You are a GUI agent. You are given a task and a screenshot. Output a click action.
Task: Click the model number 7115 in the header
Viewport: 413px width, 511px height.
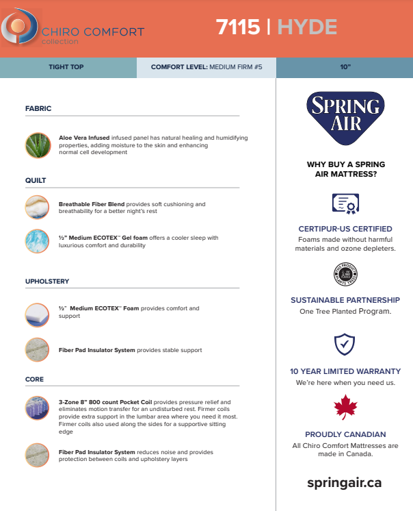pos(237,27)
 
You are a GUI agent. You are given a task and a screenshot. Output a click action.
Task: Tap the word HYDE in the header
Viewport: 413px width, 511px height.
pos(307,27)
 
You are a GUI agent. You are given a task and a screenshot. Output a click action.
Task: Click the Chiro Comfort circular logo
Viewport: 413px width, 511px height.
pos(16,28)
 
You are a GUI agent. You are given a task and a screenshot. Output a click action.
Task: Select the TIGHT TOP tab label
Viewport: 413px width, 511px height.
pos(68,68)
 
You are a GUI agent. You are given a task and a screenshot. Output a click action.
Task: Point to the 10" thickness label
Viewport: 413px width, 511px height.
pos(345,68)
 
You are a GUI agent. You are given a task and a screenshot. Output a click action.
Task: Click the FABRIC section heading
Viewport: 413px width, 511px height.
pos(38,108)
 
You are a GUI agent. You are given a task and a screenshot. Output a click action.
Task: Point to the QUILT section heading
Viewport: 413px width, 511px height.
pos(36,180)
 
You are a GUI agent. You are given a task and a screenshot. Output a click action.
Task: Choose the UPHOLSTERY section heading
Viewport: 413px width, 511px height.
pos(47,281)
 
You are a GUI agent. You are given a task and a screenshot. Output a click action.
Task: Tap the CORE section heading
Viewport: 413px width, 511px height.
pos(34,379)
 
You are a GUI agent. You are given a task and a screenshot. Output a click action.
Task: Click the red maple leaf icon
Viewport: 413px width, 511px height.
pos(345,408)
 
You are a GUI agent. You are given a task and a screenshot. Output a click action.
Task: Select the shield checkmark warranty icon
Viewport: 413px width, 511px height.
pos(345,343)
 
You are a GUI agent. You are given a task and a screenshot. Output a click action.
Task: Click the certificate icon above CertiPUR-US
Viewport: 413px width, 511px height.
pos(345,203)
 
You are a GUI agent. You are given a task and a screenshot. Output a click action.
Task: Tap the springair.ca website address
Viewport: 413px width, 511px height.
pos(345,482)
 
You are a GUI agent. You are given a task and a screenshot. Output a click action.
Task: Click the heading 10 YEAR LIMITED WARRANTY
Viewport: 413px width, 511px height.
pos(345,371)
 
